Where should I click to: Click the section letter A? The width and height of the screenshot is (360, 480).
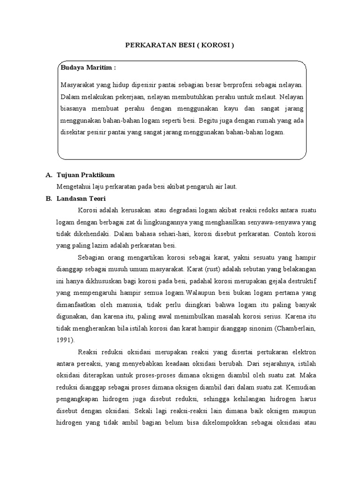(x=48, y=175)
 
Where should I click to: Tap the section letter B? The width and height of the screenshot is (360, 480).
(x=48, y=198)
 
